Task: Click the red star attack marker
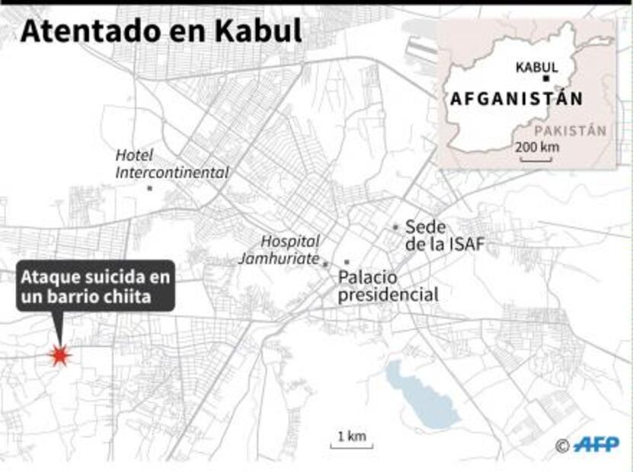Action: (x=59, y=355)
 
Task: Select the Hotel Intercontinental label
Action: (x=171, y=164)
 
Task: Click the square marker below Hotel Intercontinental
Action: (x=150, y=187)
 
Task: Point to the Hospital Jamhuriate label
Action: (x=279, y=250)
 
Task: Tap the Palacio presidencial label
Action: (x=388, y=285)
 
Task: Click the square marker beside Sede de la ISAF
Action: (x=395, y=227)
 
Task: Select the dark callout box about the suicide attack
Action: (x=96, y=287)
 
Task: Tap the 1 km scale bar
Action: (x=351, y=439)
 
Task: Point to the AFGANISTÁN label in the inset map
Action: (x=516, y=99)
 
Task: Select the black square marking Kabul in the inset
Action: (x=546, y=79)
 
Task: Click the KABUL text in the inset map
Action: (x=536, y=67)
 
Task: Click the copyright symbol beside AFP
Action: (x=562, y=446)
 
